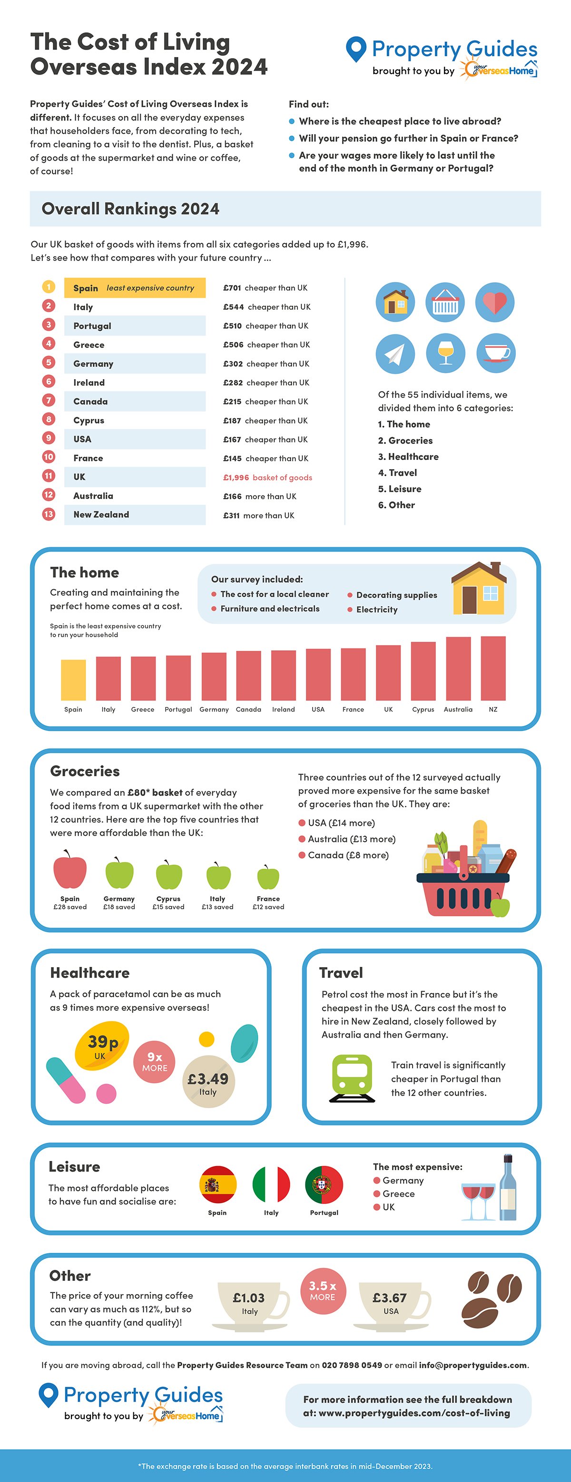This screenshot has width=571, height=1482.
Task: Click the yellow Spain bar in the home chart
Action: [73, 679]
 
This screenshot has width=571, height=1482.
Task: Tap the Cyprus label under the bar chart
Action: [423, 709]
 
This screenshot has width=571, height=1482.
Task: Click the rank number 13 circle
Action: [49, 514]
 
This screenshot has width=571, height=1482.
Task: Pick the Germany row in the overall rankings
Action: [135, 363]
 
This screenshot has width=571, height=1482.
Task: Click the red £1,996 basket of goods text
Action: [267, 478]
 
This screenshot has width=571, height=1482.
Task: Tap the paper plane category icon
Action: [395, 353]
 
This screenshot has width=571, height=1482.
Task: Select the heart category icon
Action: [494, 302]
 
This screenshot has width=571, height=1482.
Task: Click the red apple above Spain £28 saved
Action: [69, 871]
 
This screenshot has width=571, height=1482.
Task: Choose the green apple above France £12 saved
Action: [267, 878]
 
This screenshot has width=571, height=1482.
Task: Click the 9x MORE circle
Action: [154, 1061]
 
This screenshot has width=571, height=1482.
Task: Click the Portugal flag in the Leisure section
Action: [324, 1185]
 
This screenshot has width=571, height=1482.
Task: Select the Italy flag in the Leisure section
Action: [271, 1185]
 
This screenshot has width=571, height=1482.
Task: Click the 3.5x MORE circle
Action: [323, 1290]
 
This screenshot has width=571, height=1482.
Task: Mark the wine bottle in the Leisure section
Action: [507, 1188]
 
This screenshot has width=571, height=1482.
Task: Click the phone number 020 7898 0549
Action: [352, 1365]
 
